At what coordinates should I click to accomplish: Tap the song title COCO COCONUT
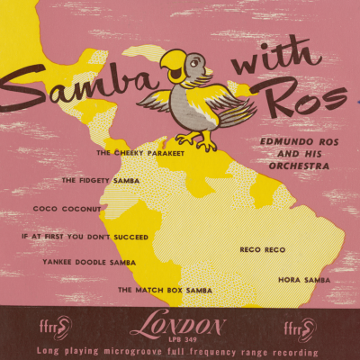(67, 208)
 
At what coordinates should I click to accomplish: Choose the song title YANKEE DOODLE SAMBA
(89, 262)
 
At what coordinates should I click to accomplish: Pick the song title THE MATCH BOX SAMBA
(165, 290)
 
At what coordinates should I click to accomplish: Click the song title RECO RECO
(262, 247)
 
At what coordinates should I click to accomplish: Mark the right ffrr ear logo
(304, 326)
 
